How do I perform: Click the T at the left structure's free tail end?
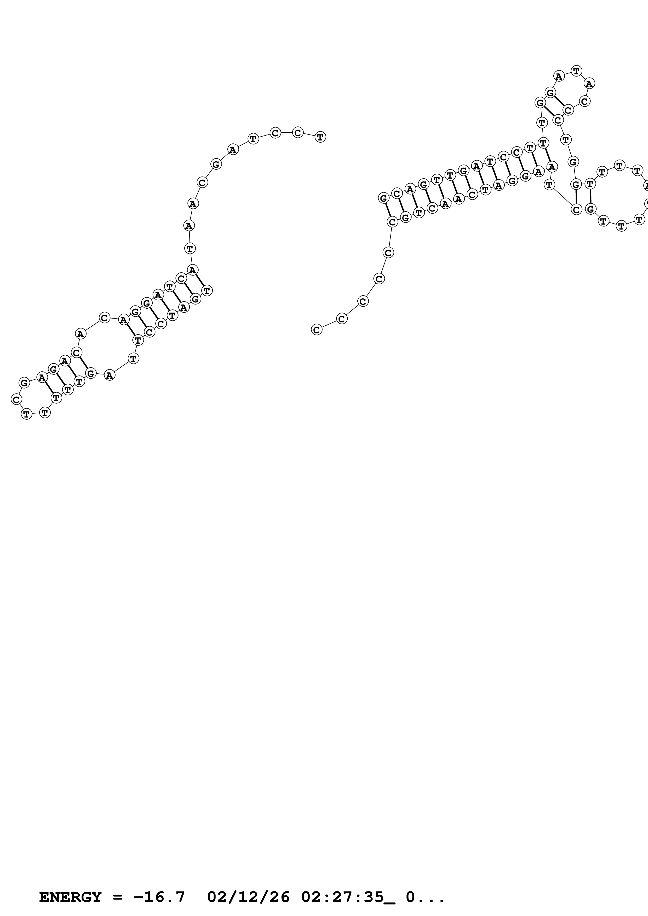pos(320,137)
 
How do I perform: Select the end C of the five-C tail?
pos(317,330)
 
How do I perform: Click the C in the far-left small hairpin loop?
pos(16,399)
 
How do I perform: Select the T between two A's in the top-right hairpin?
pos(576,71)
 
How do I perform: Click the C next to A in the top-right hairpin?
pos(584,101)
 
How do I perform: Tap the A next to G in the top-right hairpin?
pos(559,76)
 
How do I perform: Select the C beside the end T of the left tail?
pos(297,132)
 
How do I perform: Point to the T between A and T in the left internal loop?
pos(133,358)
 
